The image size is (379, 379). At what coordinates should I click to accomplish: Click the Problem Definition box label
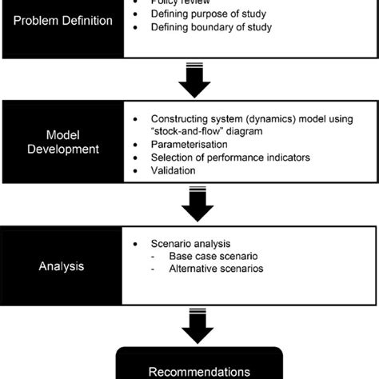point(62,22)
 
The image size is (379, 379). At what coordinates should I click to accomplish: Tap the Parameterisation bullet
point(188,146)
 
